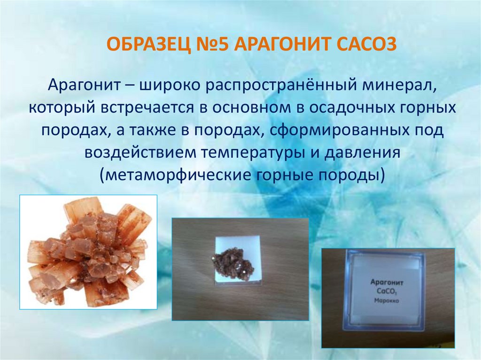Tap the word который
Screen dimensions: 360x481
click(60, 108)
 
